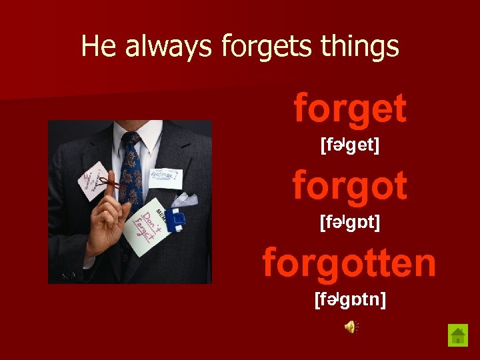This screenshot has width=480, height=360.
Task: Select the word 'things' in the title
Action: click(360, 46)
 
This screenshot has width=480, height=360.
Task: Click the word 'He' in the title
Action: click(97, 46)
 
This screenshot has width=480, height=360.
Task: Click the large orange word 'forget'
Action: click(350, 108)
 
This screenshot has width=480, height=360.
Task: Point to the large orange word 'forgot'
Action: click(350, 185)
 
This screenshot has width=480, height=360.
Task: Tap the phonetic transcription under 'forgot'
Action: click(350, 222)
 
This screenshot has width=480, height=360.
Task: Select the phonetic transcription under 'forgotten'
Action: click(350, 299)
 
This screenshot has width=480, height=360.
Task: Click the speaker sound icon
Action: click(351, 326)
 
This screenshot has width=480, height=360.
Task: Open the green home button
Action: click(458, 335)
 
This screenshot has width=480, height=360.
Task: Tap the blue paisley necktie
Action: click(131, 173)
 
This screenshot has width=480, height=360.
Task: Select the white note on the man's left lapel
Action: click(164, 177)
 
